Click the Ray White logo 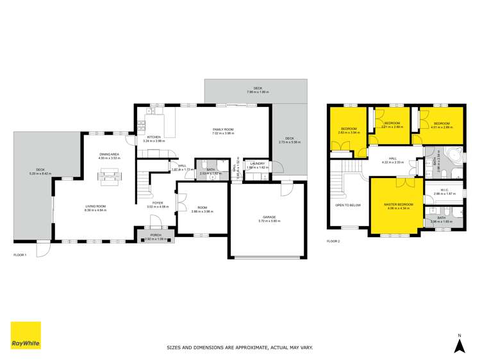coord(25,336)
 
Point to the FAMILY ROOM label coord(223,129)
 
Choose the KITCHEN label coord(154,137)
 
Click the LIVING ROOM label coord(95,206)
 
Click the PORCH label coord(154,234)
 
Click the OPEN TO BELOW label coord(348,205)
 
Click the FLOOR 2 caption coord(333,241)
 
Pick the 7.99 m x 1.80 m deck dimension coord(258,92)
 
